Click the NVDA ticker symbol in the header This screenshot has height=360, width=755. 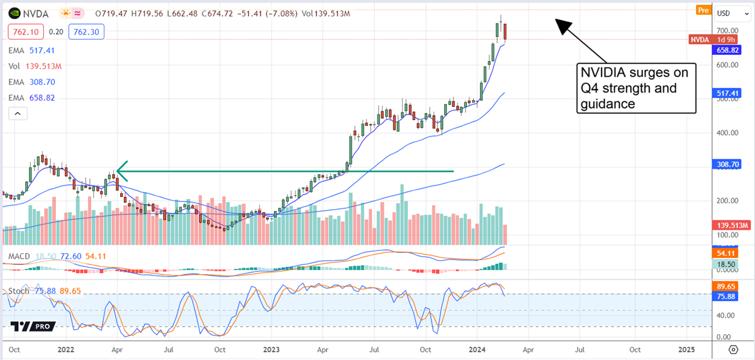(x=36, y=12)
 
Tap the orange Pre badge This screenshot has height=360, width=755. (x=703, y=10)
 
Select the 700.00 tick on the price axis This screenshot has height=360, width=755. (x=727, y=30)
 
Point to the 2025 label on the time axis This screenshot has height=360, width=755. (x=686, y=349)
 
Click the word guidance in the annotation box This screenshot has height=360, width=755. (x=608, y=104)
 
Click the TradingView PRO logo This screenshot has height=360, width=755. (x=33, y=326)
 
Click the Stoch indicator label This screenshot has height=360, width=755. (x=18, y=291)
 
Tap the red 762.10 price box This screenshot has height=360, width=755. (x=25, y=31)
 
